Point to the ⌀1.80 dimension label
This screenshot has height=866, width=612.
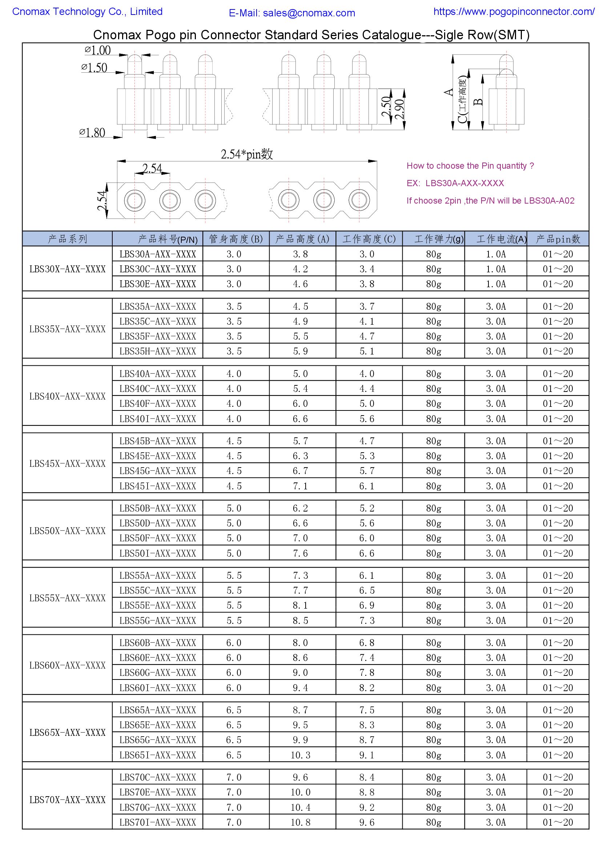tap(92, 133)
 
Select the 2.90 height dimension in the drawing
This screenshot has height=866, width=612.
tap(400, 109)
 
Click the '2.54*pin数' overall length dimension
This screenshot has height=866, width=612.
tap(247, 154)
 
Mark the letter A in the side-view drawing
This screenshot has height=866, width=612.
tap(448, 92)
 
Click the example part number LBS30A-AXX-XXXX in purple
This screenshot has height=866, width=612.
tap(464, 183)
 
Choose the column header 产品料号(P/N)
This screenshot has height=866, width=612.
tap(168, 239)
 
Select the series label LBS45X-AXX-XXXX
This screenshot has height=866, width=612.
tap(68, 464)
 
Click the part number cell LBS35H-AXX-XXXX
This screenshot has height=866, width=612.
tap(158, 351)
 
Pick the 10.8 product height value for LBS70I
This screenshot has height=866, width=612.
tap(301, 822)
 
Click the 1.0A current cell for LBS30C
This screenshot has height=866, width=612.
tap(495, 269)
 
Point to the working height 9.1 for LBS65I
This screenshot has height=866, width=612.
tap(367, 755)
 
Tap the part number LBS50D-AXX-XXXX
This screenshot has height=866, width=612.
tap(158, 523)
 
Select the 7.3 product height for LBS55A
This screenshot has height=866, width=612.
tap(301, 576)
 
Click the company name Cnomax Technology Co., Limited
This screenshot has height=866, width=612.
tap(87, 12)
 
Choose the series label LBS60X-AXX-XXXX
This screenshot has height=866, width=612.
tap(68, 665)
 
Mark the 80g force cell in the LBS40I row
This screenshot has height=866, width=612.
tap(434, 419)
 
